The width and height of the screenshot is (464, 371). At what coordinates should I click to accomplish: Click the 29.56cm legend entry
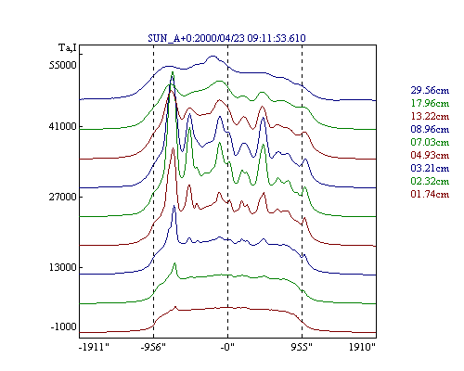(430, 90)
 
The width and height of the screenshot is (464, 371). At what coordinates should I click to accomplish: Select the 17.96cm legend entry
(430, 103)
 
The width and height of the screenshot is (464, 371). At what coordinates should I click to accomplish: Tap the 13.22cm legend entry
(430, 116)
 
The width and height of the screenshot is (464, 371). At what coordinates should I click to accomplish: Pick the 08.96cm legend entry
(430, 129)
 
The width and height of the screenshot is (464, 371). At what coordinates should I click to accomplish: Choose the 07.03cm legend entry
(430, 142)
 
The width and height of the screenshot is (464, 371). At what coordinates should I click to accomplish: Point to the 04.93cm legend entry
(430, 155)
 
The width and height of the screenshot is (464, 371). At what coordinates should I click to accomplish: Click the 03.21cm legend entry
(430, 168)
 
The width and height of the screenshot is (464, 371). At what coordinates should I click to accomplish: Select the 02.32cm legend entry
(430, 181)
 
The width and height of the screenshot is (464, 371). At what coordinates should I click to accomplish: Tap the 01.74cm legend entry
(430, 194)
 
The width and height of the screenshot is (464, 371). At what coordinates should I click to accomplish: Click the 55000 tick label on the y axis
(63, 65)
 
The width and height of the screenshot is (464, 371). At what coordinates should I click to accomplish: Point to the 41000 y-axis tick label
(63, 126)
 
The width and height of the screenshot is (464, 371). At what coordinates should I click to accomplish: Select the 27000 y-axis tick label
(63, 197)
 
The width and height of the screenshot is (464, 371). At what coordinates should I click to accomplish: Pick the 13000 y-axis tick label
(63, 267)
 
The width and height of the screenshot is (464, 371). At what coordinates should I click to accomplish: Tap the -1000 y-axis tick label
(64, 326)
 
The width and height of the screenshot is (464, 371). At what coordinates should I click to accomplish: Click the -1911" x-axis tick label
(94, 347)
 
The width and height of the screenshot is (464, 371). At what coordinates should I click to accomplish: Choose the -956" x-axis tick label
(153, 347)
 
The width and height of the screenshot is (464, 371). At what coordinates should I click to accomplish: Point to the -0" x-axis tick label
(227, 347)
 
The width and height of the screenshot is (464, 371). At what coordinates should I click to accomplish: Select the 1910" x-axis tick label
(362, 347)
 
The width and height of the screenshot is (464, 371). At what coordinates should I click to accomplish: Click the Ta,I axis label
(68, 48)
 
